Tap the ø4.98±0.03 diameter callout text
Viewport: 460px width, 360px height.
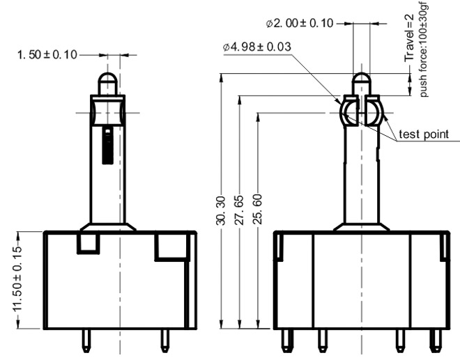pos(257,47)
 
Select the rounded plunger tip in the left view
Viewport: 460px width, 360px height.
pos(108,83)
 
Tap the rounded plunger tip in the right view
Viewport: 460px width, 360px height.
pos(361,83)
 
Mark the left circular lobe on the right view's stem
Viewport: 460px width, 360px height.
pos(348,112)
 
